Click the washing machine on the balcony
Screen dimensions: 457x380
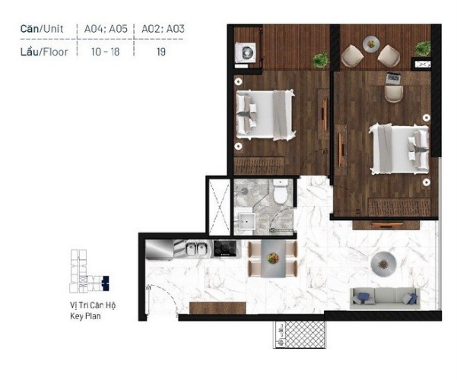click(x=246, y=52)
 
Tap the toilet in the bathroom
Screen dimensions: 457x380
click(x=281, y=192)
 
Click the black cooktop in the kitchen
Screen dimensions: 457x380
click(x=225, y=249)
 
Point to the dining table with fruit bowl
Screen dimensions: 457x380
click(x=273, y=258)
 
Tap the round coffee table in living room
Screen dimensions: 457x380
click(x=383, y=264)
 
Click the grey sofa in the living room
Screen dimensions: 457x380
click(x=385, y=298)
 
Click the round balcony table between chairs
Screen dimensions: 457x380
click(x=371, y=44)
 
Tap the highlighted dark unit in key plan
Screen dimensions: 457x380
click(x=106, y=283)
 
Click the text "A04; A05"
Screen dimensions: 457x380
click(x=106, y=29)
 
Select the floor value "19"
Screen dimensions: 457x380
click(x=161, y=52)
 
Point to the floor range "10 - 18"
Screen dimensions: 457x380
click(x=105, y=52)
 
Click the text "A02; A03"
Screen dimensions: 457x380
click(x=163, y=29)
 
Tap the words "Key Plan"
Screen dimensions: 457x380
click(x=85, y=316)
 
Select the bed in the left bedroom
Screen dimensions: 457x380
click(x=265, y=115)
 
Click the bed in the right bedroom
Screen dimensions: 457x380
click(x=399, y=150)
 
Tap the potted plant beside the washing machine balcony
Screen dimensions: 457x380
click(x=321, y=60)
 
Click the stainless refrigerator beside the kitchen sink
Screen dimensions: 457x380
click(x=159, y=249)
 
